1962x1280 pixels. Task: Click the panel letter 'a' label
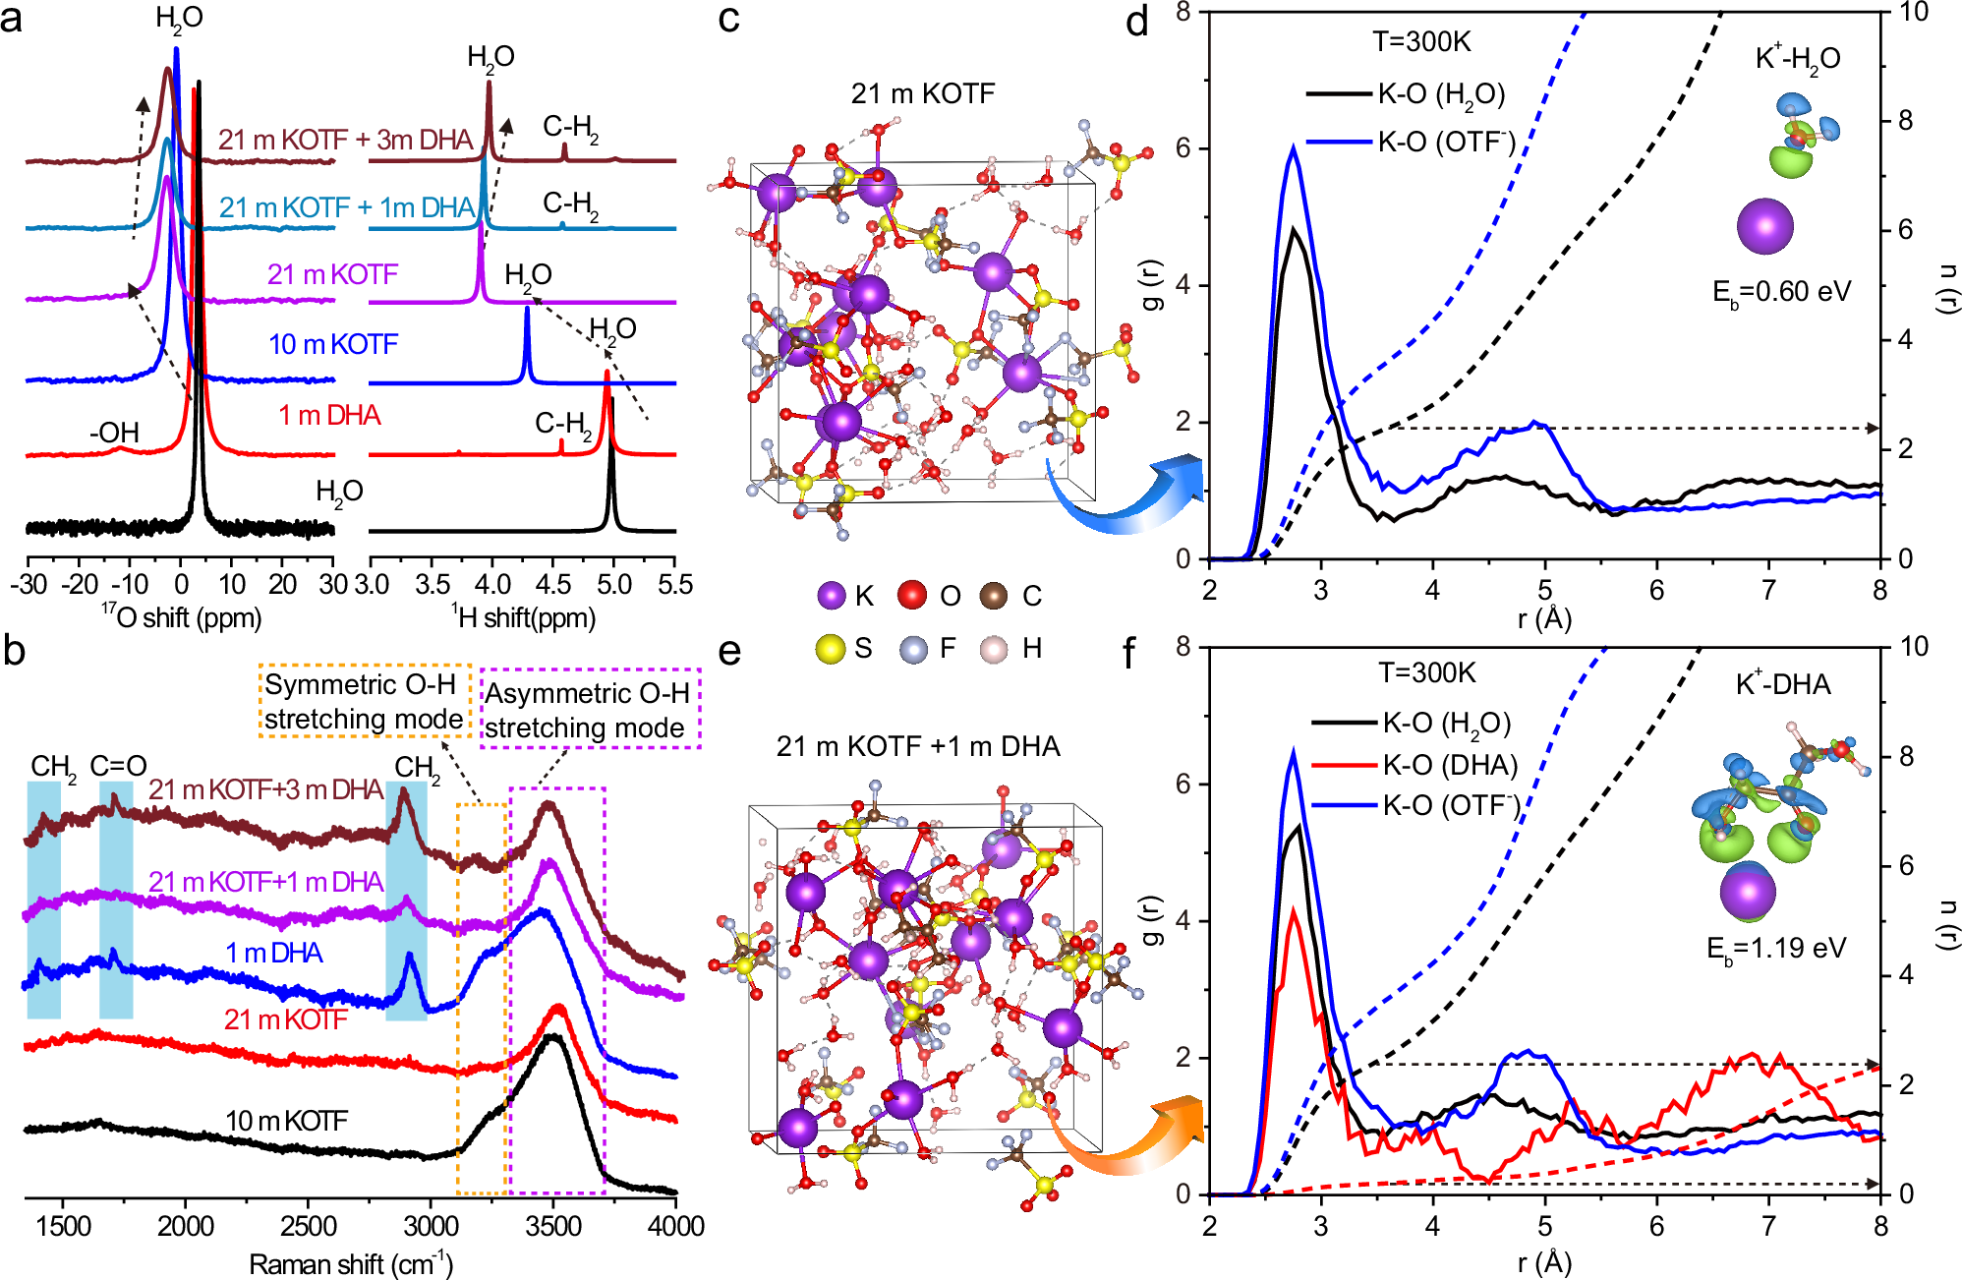pos(12,20)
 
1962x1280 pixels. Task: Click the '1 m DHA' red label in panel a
pos(329,416)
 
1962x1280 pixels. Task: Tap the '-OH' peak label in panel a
pos(115,433)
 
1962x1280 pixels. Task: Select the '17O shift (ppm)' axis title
pos(182,617)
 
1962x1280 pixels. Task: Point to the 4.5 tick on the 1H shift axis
pos(553,584)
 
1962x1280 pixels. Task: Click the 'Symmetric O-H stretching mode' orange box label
pos(363,702)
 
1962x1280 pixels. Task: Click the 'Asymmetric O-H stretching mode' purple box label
pos(588,711)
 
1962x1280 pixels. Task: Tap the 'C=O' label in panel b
pos(118,766)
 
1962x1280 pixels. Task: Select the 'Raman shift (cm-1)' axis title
pos(351,1263)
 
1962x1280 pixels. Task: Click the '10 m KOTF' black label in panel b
pos(286,1121)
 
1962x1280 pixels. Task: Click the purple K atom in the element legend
pos(832,596)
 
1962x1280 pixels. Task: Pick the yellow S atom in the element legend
pos(831,649)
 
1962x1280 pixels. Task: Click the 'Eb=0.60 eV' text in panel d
pos(1781,293)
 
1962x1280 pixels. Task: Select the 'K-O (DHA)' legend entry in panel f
pos(1450,765)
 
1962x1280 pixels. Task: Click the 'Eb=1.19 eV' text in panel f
pos(1775,949)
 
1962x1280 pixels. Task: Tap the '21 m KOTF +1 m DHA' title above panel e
pos(918,747)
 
